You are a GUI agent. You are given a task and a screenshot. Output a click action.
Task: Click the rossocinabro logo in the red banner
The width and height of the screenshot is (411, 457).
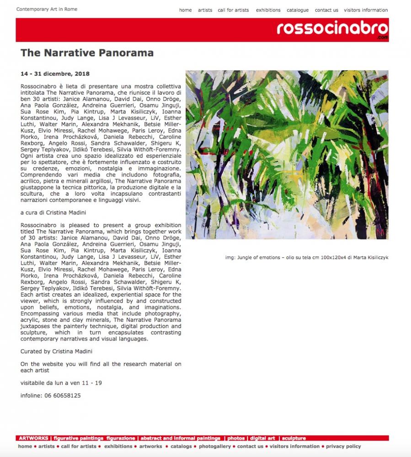tap(332, 29)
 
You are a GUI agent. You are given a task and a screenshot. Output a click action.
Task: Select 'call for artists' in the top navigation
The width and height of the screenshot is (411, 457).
tap(233, 10)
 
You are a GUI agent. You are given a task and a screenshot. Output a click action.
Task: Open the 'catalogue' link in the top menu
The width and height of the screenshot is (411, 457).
tap(298, 10)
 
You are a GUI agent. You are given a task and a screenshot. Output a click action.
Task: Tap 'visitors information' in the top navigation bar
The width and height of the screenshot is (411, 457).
tap(366, 10)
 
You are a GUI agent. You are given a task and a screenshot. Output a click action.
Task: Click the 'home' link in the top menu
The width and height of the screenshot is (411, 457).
tap(185, 10)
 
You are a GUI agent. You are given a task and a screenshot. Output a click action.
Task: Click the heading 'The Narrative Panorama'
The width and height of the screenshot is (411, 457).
tap(87, 53)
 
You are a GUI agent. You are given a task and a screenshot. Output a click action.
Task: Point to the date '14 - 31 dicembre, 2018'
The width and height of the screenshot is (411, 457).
tap(55, 74)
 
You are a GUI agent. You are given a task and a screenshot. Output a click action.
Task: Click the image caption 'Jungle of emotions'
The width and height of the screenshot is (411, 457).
tap(306, 257)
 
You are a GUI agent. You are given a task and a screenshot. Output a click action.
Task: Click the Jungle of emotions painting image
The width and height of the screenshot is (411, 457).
tap(287, 154)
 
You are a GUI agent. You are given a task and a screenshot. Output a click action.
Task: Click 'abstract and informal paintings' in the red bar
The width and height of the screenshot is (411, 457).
tap(181, 438)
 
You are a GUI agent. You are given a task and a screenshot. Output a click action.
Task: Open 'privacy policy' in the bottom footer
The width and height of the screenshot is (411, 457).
tap(343, 446)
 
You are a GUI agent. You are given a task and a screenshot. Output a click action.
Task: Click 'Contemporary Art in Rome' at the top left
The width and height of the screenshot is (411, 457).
tap(47, 9)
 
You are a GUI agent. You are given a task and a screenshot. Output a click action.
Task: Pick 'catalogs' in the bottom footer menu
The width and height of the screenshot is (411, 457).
tap(181, 446)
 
